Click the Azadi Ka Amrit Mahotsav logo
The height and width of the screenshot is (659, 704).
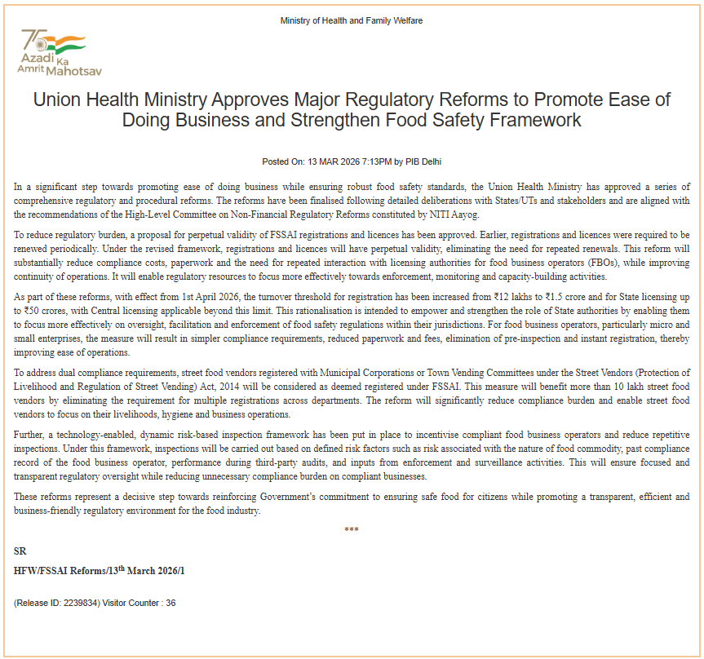click(x=53, y=53)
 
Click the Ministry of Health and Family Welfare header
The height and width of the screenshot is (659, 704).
click(x=352, y=20)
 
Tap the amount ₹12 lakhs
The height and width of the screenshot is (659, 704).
click(x=494, y=300)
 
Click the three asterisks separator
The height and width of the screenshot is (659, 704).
click(x=352, y=529)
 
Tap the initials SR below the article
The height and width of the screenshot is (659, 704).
click(x=20, y=551)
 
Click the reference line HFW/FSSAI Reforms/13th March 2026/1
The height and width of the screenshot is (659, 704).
click(x=100, y=570)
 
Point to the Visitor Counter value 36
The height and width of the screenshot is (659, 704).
click(x=170, y=603)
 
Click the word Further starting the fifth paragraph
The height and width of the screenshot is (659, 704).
click(x=31, y=436)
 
